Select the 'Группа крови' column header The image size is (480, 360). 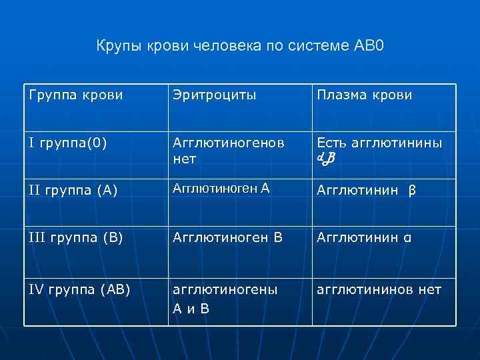tap(77, 95)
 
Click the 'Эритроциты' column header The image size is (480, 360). tap(215, 95)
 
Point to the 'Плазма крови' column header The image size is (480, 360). tap(365, 95)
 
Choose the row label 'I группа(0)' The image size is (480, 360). tap(69, 142)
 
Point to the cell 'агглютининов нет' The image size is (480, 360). tap(379, 289)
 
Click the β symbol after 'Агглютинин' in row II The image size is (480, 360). tap(412, 191)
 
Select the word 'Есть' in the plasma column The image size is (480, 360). tap(330, 143)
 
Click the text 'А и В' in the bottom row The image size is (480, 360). tap(191, 309)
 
